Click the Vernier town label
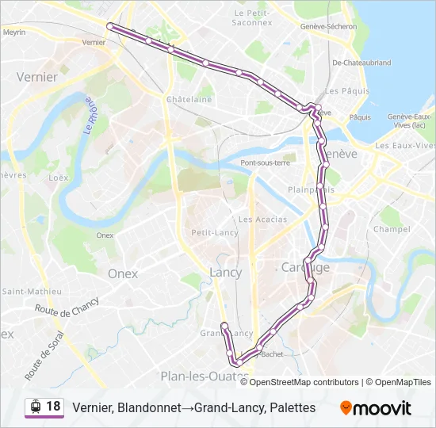(x=37, y=77)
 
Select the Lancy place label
(x=225, y=272)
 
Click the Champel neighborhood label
(x=392, y=229)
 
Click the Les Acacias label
(x=257, y=219)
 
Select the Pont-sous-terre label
(x=266, y=162)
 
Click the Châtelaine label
(x=189, y=99)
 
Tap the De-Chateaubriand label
(x=361, y=62)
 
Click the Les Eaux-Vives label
(x=405, y=145)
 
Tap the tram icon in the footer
(x=35, y=407)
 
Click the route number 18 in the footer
(x=53, y=407)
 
